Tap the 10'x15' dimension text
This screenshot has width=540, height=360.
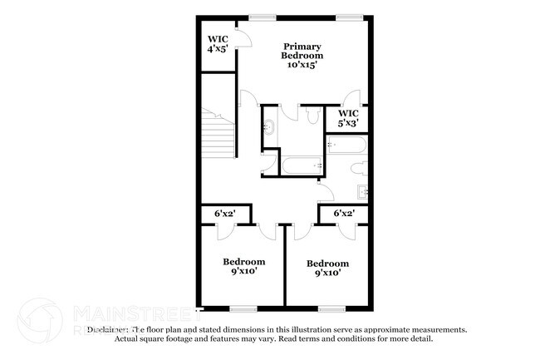tap(302, 65)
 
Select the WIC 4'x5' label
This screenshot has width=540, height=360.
tap(218, 44)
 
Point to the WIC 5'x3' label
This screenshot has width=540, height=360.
tap(348, 117)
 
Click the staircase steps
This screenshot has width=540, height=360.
tap(218, 133)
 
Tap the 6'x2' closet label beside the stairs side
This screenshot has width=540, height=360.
tap(225, 214)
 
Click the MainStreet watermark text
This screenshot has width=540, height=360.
tap(113, 314)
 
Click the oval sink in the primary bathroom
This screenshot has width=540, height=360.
tap(269, 128)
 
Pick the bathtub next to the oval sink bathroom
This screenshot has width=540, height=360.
tap(300, 164)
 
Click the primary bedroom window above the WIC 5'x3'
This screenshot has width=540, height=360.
tap(349, 16)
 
